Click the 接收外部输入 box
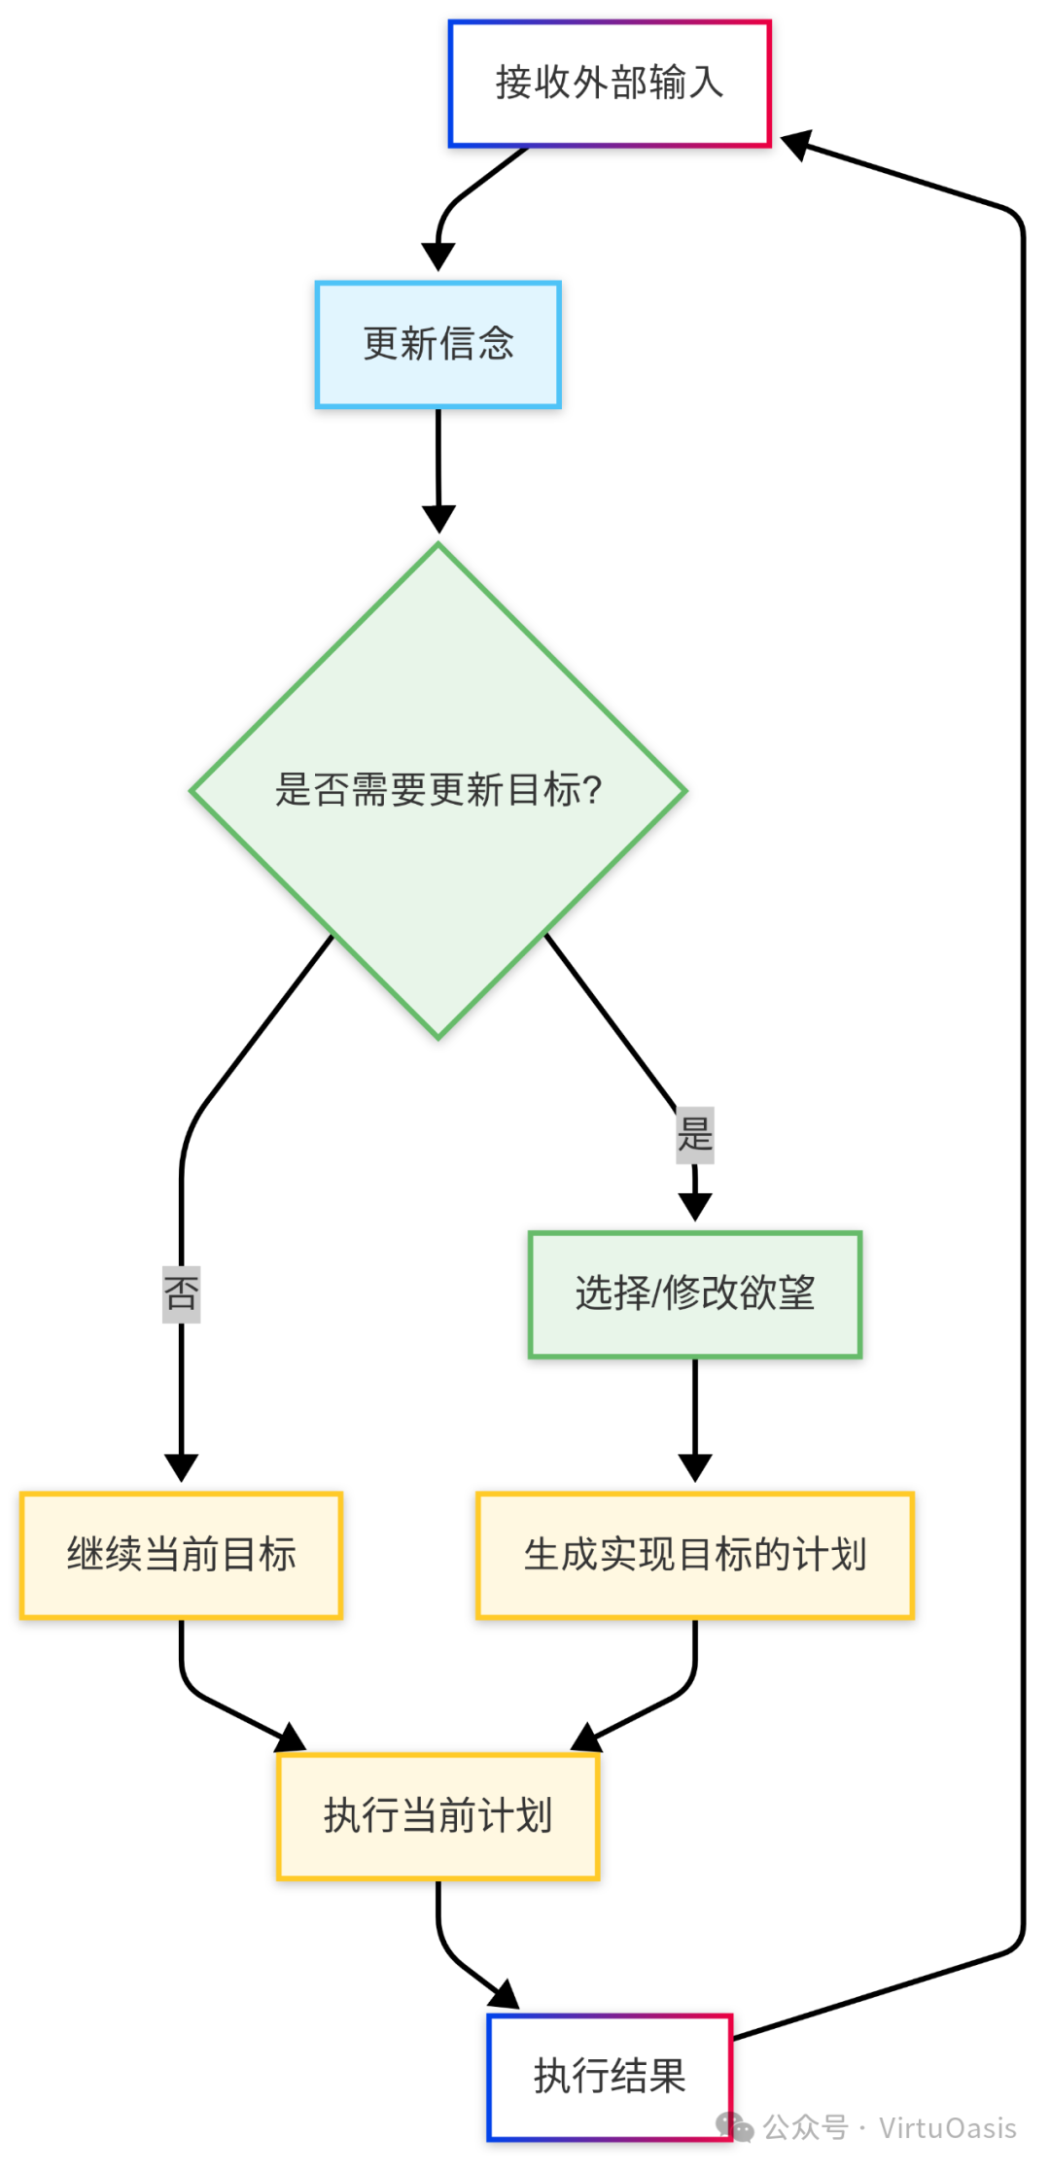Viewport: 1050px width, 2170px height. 610,84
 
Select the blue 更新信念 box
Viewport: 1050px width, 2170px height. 438,345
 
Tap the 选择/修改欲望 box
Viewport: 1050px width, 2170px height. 695,1294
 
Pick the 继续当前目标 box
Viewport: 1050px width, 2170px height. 182,1555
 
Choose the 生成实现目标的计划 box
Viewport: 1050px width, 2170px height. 695,1555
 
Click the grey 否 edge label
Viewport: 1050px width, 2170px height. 182,1293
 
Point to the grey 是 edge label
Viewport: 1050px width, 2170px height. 695,1134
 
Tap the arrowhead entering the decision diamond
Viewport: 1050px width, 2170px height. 438,519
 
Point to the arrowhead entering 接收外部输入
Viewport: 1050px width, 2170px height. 796,145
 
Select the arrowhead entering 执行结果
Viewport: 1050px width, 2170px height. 505,1996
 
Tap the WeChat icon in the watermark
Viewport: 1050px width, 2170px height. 735,2126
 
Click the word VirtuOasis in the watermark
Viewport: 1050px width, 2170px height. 948,2128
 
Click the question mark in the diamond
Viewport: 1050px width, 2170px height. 592,790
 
